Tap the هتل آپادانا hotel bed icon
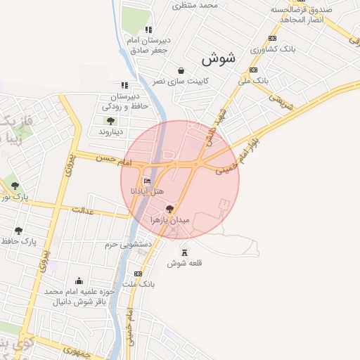point(147,183)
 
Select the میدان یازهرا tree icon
point(169,210)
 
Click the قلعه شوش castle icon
point(185,253)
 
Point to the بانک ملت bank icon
point(138,274)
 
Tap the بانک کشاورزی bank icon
point(272,39)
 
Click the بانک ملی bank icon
point(253,70)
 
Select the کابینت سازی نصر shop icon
point(181,70)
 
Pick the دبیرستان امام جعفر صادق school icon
point(148,30)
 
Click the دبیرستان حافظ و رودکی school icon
point(124,85)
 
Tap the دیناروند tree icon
point(111,121)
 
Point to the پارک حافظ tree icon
point(18,231)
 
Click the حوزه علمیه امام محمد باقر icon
point(79,281)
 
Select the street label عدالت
point(83,210)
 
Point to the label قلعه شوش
point(185,264)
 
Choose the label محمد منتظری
point(198,5)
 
